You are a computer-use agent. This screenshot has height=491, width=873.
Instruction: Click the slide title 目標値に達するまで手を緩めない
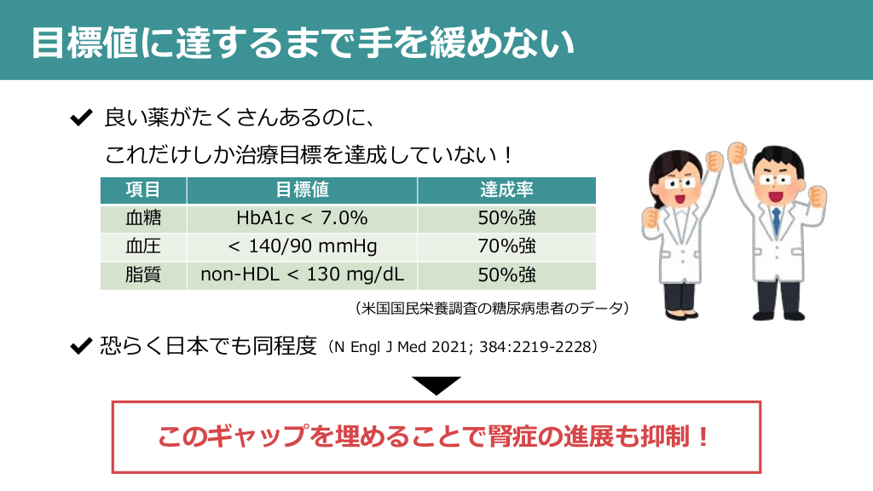(303, 43)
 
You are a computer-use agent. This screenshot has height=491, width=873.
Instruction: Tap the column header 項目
(143, 190)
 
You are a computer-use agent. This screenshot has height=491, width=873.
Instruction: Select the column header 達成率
(506, 190)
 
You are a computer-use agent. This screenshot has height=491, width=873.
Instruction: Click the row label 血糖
(143, 217)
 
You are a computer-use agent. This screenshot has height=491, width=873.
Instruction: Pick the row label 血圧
(143, 246)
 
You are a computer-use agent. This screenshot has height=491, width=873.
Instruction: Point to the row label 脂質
(143, 274)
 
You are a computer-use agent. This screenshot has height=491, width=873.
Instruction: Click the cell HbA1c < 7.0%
(302, 217)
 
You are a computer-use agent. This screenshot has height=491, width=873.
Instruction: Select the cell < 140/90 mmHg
(302, 246)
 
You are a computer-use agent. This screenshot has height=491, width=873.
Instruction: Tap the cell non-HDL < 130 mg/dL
(302, 274)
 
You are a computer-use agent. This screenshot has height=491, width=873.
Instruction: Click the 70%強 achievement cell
(506, 246)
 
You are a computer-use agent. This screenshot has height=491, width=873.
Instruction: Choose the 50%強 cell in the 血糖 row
(506, 217)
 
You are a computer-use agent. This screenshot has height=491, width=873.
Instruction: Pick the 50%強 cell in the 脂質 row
(506, 274)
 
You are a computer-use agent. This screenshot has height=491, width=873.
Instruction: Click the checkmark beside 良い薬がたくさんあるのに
(81, 118)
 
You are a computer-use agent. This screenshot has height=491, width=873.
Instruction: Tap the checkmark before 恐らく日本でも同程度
(81, 346)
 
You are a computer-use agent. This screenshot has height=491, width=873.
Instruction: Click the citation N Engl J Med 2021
(463, 348)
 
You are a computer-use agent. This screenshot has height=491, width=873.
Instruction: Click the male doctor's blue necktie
(776, 221)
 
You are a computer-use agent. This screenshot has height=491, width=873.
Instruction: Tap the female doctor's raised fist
(714, 160)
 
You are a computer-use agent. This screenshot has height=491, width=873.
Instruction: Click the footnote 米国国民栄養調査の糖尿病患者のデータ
(492, 308)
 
